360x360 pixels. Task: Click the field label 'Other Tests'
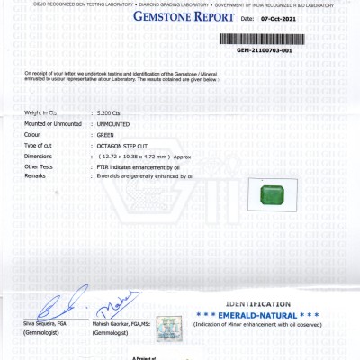39,166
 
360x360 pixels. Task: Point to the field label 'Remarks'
36,176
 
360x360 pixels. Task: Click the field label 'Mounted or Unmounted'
53,122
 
